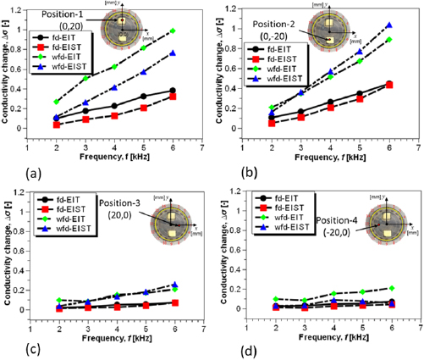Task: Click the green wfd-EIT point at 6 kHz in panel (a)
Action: (x=173, y=30)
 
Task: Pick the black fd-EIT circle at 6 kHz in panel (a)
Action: (x=173, y=91)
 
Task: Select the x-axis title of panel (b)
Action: (x=317, y=156)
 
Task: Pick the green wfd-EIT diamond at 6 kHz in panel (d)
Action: (x=389, y=288)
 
